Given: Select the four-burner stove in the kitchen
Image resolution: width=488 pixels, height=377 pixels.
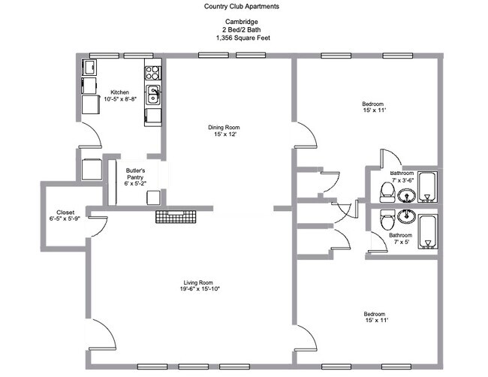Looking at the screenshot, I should [152, 74].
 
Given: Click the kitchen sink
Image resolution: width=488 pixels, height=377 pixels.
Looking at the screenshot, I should [152, 95].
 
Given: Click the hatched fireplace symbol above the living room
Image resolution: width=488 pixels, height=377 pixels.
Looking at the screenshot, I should [175, 217].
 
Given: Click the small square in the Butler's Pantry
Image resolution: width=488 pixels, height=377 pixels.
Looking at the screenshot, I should [153, 198].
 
